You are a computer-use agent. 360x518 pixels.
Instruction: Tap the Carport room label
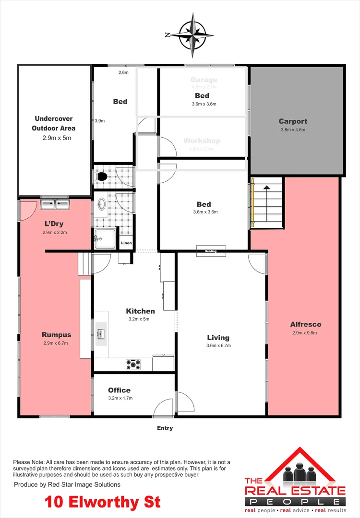(293, 121)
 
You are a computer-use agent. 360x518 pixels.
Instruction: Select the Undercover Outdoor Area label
(54, 123)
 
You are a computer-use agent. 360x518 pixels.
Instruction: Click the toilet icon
(102, 177)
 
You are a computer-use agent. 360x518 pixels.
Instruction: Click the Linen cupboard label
(126, 243)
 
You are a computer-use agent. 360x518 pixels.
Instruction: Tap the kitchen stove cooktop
(133, 365)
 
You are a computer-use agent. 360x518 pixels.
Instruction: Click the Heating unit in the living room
(210, 251)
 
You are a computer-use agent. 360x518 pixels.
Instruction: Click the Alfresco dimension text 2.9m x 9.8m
(305, 333)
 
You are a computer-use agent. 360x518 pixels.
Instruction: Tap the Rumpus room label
(57, 335)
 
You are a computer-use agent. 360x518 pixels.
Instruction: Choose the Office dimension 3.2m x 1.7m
(120, 398)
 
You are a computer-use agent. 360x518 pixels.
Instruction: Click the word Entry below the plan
(165, 428)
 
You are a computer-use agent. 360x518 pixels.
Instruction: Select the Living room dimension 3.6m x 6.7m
(218, 345)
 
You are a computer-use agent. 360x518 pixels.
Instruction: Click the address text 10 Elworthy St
(103, 502)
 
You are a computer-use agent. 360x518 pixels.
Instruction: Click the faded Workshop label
(202, 141)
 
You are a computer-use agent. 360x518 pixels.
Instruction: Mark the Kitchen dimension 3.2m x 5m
(140, 319)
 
